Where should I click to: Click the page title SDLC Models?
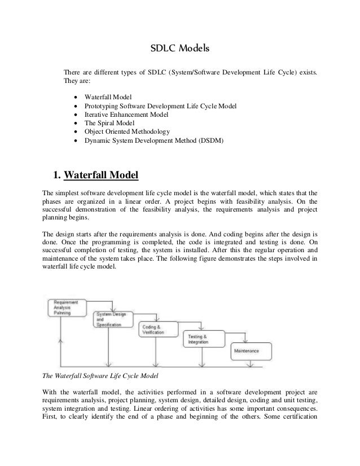pyautogui.click(x=179, y=49)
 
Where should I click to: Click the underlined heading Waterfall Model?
pyautogui.click(x=102, y=175)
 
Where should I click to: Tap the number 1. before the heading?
pyautogui.click(x=56, y=175)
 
